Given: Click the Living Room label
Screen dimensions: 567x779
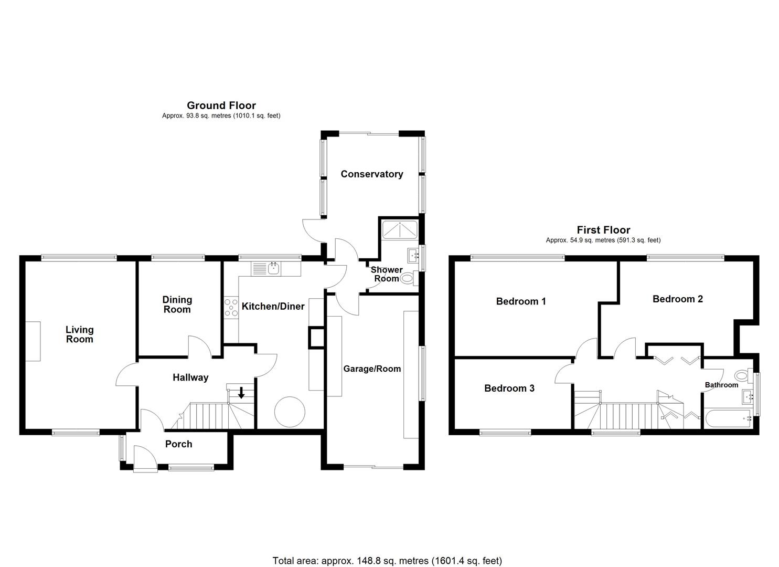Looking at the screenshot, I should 79,334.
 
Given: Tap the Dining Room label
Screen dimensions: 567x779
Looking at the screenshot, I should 177,304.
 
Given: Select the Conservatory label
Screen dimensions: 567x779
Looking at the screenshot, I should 371,174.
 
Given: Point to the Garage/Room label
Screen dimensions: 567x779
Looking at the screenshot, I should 372,369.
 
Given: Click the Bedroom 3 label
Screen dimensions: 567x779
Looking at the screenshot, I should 509,388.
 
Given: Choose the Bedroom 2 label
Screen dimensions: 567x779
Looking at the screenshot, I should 677,299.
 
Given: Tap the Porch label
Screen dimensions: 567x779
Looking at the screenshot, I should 178,444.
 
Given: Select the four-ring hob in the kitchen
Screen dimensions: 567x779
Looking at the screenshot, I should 231,307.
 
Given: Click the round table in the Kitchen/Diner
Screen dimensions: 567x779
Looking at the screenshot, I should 289,412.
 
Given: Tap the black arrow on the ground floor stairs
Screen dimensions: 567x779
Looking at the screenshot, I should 241,392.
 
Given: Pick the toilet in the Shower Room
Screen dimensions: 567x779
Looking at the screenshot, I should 408,278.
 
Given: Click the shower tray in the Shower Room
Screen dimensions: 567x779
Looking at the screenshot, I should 400,229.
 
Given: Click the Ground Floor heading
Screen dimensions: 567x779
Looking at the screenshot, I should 221,106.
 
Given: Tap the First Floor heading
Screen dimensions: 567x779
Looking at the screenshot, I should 603,230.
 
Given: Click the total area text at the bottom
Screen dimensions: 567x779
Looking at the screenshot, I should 387,561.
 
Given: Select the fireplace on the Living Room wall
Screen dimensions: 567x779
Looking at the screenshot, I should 34,341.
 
